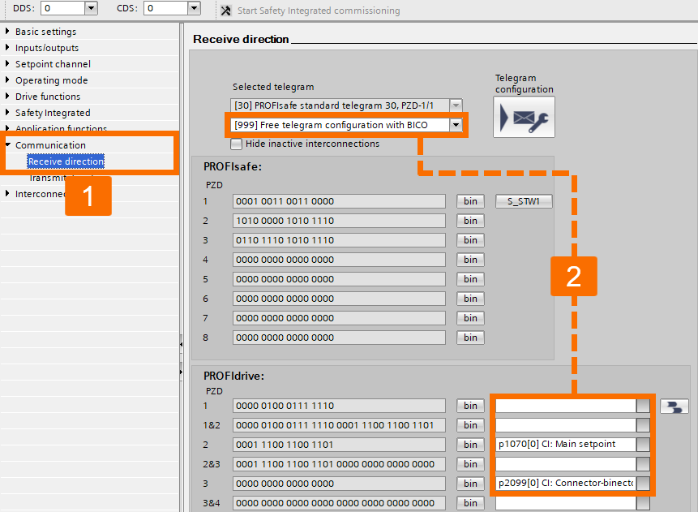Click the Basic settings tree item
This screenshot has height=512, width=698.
pos(45,32)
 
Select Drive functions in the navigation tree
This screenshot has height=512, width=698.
pos(48,97)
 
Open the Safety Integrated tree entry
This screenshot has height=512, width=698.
pos(53,113)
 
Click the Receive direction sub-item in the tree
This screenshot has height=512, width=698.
pos(66,161)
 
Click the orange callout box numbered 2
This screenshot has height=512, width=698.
pos(574,276)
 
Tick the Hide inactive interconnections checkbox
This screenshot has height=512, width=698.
pos(237,144)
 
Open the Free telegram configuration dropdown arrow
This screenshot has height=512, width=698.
pos(456,125)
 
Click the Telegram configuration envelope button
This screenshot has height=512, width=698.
pos(524,117)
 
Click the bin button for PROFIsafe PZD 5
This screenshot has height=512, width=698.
pos(470,279)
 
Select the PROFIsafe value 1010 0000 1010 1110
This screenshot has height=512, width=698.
pos(338,221)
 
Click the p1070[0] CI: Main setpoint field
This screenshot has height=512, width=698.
pos(565,445)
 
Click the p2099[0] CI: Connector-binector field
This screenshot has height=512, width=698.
pos(565,484)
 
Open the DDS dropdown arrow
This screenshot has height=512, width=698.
pos(90,8)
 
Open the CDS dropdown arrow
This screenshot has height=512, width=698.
pos(193,8)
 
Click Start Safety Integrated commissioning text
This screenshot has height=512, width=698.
pos(318,11)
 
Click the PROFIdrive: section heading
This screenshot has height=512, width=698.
pos(234,376)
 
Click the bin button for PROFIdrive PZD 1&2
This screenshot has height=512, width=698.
pos(470,425)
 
